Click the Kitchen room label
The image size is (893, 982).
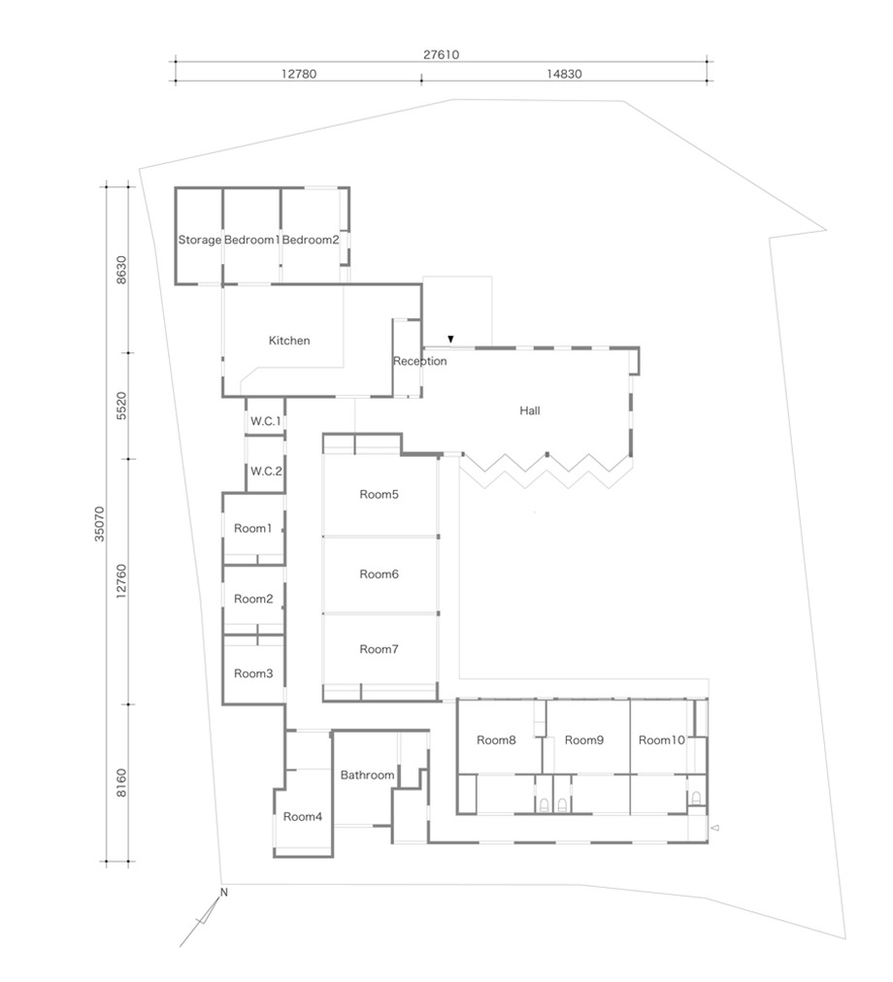coord(289,341)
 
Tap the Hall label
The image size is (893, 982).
coord(530,410)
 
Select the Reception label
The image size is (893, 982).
coord(420,361)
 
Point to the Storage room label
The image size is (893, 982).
coord(200,240)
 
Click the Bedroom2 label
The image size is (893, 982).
coord(311,240)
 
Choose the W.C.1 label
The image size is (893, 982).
coord(266,421)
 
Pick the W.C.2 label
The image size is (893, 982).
coord(266,472)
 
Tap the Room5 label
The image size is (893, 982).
coord(380,495)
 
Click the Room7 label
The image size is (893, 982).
coord(380,649)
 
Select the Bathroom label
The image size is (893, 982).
coord(367,775)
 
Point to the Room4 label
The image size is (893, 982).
coord(303,817)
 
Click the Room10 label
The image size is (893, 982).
coord(662,740)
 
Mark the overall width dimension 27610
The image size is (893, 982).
coord(442,55)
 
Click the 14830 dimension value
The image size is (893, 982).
coord(564,74)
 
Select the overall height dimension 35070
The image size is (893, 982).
coord(100,524)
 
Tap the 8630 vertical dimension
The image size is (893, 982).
coord(121,270)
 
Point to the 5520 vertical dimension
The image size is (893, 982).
coord(121,406)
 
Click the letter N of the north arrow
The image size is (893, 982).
coord(223,893)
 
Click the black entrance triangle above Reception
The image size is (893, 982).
coord(450,340)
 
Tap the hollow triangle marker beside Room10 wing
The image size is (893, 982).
coord(715,828)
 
